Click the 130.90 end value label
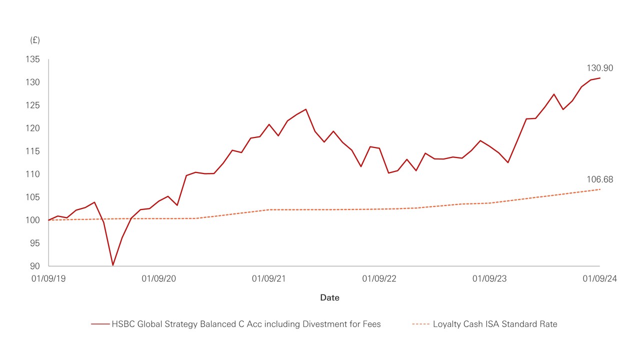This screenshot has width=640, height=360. click(599, 68)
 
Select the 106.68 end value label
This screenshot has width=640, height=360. click(599, 180)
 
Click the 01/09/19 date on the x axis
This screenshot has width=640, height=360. click(48, 279)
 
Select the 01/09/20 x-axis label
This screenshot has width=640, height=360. click(159, 279)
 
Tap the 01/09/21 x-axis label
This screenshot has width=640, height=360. click(269, 279)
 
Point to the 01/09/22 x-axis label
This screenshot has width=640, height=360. click(379, 279)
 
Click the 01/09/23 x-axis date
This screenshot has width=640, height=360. click(489, 279)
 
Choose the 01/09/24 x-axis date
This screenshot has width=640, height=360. click(599, 279)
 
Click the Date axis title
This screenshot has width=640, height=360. click(329, 297)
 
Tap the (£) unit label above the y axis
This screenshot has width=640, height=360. click(35, 39)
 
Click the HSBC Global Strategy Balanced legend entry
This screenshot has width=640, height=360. click(236, 324)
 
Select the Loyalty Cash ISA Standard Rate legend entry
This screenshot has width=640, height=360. click(484, 324)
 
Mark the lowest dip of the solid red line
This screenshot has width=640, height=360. click(113, 265)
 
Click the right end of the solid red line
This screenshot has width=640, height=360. click(599, 78)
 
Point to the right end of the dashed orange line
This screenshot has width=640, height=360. click(599, 189)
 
